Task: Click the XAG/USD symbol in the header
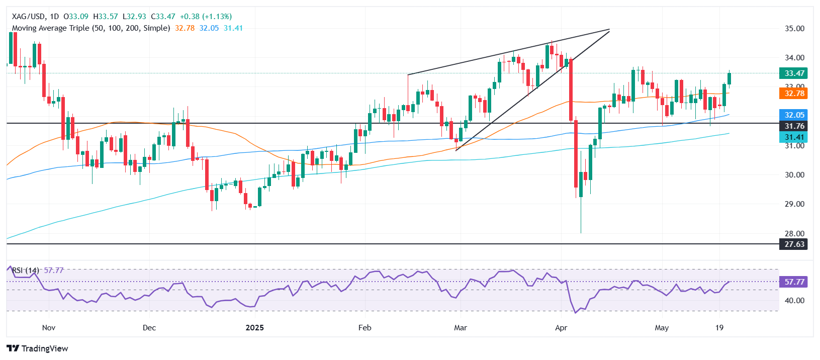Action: (x=28, y=17)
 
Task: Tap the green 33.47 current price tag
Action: (x=794, y=73)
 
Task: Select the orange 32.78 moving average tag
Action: (x=794, y=94)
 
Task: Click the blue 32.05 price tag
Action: (x=794, y=115)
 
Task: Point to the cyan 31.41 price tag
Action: (x=794, y=137)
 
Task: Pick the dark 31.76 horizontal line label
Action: (x=794, y=126)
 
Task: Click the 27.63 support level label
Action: (x=794, y=244)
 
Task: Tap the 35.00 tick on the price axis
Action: (x=794, y=29)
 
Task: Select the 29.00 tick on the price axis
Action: (x=794, y=204)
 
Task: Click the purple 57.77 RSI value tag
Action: (x=794, y=282)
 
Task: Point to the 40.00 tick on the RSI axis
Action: (x=794, y=301)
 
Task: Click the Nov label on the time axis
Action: (x=49, y=328)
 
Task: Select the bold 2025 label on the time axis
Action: (x=254, y=328)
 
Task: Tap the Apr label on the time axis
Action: (x=561, y=328)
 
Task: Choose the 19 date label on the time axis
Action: (x=719, y=328)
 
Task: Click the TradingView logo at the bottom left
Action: (x=38, y=348)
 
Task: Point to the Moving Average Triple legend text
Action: (x=90, y=28)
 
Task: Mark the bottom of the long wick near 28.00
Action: (x=581, y=232)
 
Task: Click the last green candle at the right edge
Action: (x=730, y=78)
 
